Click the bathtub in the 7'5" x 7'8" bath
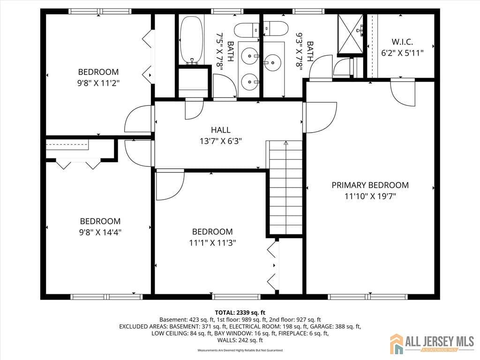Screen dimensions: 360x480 click(192, 40)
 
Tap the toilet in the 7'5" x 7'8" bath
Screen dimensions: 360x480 click(247, 30)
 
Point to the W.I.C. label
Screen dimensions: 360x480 click(402, 42)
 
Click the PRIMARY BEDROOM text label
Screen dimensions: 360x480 click(370, 185)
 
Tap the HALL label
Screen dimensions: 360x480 click(221, 130)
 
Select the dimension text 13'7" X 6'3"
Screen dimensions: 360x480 click(220, 141)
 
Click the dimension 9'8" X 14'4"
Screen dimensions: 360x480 click(100, 232)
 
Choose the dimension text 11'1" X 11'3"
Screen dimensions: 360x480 click(212, 243)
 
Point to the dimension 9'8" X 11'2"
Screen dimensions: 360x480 click(98, 83)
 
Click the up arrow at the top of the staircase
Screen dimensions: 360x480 click(285, 143)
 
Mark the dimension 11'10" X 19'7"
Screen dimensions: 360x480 click(370, 196)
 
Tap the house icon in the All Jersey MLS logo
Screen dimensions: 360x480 click(397, 344)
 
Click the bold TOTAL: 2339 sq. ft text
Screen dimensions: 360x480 click(240, 312)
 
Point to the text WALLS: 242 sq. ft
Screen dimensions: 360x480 click(240, 340)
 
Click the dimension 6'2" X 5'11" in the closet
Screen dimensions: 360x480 click(402, 53)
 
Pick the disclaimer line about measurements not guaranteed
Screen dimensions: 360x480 click(240, 350)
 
